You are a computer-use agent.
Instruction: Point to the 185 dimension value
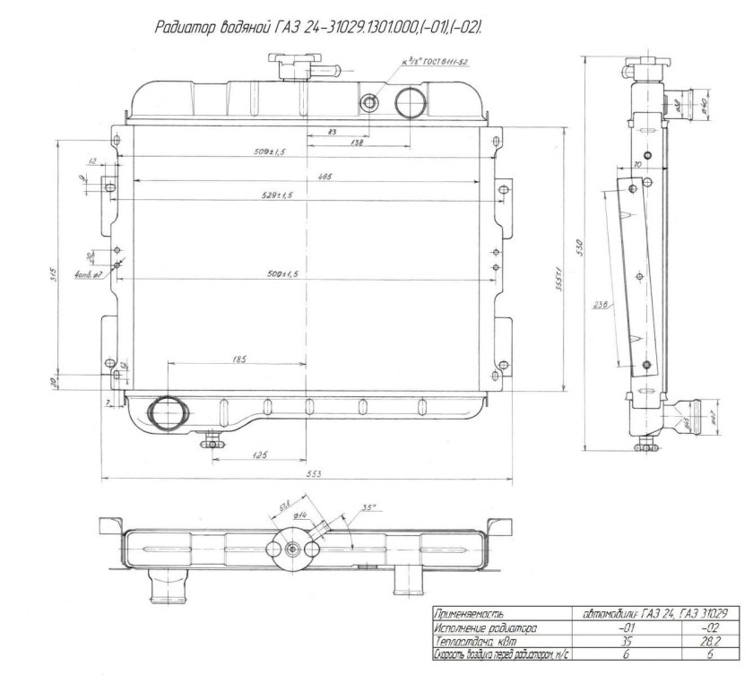pyautogui.click(x=238, y=359)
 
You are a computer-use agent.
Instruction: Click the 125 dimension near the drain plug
pyautogui.click(x=259, y=456)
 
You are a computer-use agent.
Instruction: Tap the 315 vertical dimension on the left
pyautogui.click(x=53, y=273)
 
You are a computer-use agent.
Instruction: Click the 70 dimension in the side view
pyautogui.click(x=637, y=166)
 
